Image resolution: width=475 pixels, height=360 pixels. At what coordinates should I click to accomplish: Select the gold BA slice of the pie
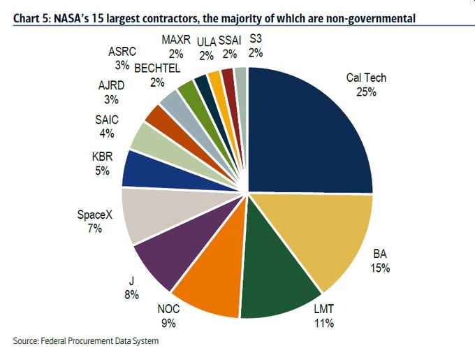[328, 238]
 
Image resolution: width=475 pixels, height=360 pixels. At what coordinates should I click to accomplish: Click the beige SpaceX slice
[150, 213]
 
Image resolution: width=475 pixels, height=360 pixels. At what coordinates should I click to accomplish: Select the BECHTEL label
[157, 68]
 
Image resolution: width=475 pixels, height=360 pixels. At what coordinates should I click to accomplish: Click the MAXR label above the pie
[176, 40]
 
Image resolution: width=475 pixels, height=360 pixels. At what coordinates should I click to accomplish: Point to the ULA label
[207, 40]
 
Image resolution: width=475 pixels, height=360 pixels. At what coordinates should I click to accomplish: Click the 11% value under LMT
[323, 323]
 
